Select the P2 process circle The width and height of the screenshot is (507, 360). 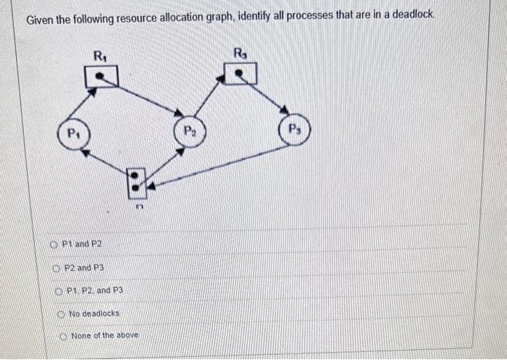tap(189, 132)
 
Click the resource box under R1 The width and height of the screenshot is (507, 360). tap(101, 75)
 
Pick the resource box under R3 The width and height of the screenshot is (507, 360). tap(240, 72)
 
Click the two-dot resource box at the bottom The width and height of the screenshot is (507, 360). tap(136, 183)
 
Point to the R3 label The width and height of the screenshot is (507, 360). tap(240, 51)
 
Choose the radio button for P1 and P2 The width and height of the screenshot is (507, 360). tap(55, 243)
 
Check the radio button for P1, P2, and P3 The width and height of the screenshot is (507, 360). tap(59, 290)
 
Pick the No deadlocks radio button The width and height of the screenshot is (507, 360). tap(62, 313)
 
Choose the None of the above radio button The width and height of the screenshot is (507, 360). tap(64, 335)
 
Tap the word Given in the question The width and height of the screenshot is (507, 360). tap(40, 20)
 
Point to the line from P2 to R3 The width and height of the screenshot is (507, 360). tap(210, 98)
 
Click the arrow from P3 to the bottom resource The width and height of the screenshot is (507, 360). tap(217, 167)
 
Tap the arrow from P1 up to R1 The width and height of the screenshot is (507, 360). tap(82, 105)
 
